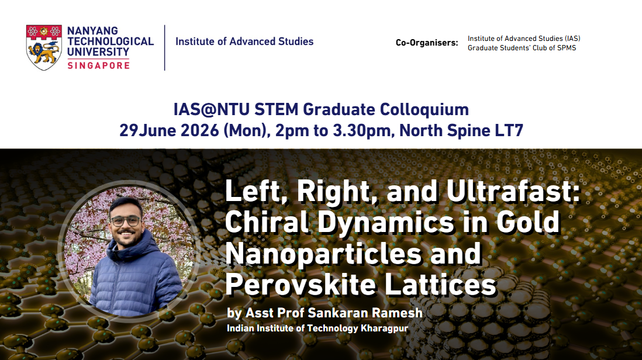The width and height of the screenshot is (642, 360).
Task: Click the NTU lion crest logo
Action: tap(44, 47)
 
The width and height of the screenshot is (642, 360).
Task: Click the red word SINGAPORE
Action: tap(99, 65)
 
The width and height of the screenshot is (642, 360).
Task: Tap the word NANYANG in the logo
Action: tap(92, 30)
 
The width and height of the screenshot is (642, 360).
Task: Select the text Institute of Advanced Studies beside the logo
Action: tap(244, 41)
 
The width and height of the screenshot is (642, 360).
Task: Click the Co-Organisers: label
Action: tap(427, 43)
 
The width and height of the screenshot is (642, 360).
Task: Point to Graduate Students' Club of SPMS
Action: tap(522, 48)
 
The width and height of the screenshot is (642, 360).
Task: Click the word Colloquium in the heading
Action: tap(424, 110)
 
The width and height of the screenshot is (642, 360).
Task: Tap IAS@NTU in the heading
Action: tap(211, 110)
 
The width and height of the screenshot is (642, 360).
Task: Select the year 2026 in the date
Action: tap(200, 130)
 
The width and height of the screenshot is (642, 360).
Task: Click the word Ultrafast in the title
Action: tap(513, 191)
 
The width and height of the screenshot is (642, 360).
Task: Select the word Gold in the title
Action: tap(528, 222)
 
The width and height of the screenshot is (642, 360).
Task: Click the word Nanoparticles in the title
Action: tap(323, 254)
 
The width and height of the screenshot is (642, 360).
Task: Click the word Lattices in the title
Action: tap(440, 285)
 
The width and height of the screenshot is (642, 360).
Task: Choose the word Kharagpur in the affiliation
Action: tap(384, 328)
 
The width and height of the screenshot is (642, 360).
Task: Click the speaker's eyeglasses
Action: tap(125, 221)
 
